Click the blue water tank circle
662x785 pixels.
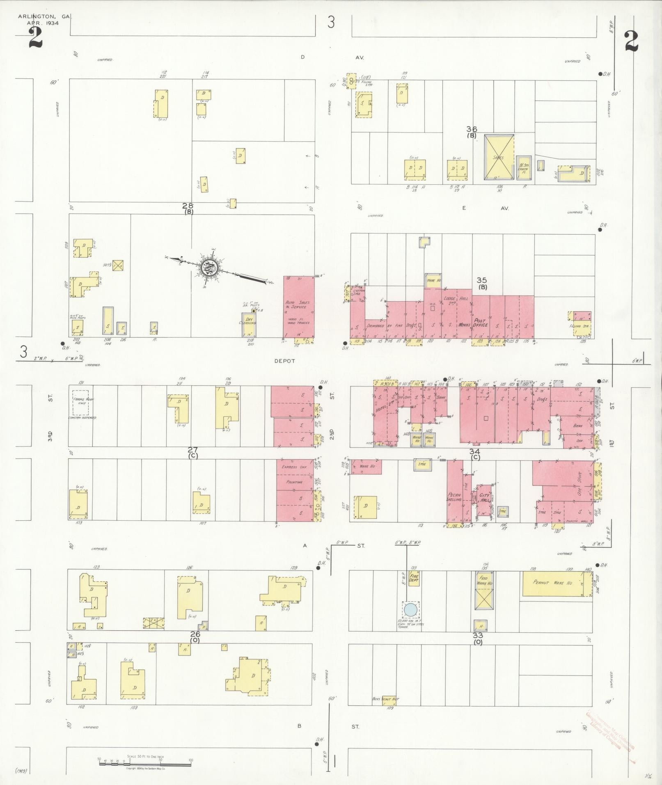[x=410, y=610]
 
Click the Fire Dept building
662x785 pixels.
[x=413, y=580]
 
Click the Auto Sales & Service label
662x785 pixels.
[x=297, y=305]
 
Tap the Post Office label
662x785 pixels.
[x=480, y=323]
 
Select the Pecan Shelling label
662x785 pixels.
[x=454, y=497]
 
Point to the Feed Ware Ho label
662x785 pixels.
[x=481, y=580]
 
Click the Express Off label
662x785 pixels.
[x=292, y=467]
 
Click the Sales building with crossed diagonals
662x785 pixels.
[x=499, y=157]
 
